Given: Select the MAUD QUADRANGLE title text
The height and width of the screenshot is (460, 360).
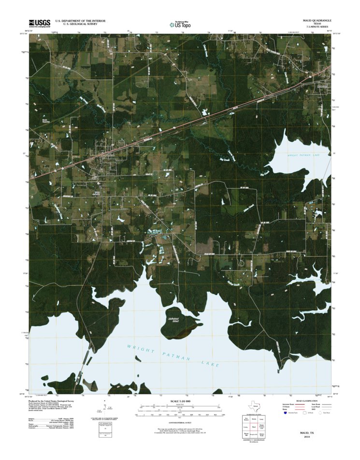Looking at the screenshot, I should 317,20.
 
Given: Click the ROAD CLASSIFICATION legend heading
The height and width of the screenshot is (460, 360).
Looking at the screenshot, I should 307,401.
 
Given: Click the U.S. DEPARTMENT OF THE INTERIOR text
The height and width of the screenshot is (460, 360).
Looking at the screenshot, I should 80,21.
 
